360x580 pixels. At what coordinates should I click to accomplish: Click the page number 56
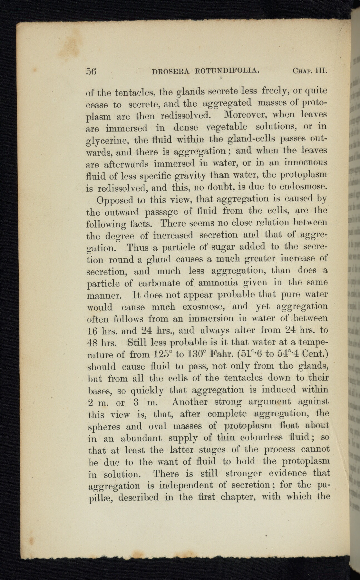click(x=91, y=71)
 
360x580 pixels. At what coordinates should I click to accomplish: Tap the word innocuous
click(x=306, y=162)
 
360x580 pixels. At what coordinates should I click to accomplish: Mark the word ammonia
click(x=218, y=283)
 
